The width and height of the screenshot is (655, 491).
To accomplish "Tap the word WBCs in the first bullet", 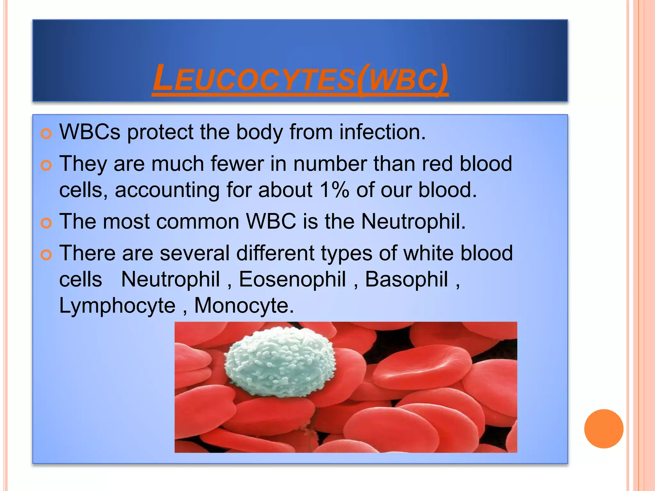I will click(x=90, y=132).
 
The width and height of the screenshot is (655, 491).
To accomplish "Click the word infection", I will click(x=383, y=132).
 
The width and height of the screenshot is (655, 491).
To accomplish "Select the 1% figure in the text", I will click(x=334, y=190).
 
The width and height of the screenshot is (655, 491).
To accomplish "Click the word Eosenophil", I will click(x=292, y=279).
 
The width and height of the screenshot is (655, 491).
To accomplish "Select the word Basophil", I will click(x=406, y=279).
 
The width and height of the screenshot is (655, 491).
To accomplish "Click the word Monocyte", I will click(x=244, y=306).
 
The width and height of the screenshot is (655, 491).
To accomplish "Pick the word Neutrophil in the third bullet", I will click(x=413, y=221).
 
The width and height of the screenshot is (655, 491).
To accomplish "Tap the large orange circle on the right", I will click(x=604, y=429).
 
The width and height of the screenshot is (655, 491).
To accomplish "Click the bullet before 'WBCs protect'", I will click(x=46, y=134).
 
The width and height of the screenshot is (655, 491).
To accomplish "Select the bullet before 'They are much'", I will click(x=46, y=166).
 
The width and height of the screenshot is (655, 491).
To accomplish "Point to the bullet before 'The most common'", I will click(x=46, y=223).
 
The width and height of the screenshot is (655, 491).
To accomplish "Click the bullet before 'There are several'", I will click(x=46, y=255).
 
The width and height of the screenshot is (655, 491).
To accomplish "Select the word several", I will click(x=194, y=253).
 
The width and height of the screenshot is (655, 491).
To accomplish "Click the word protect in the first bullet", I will click(x=160, y=132).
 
